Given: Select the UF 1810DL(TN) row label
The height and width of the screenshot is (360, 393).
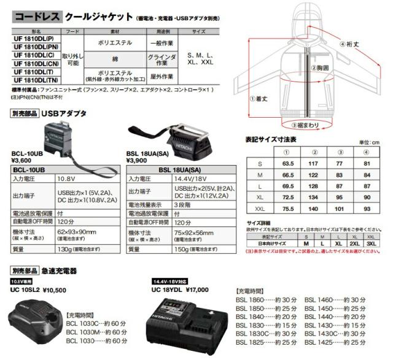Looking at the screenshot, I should pyautogui.click(x=36, y=79).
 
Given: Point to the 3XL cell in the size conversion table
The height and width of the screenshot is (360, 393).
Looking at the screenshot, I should pyautogui.click(x=370, y=244).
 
